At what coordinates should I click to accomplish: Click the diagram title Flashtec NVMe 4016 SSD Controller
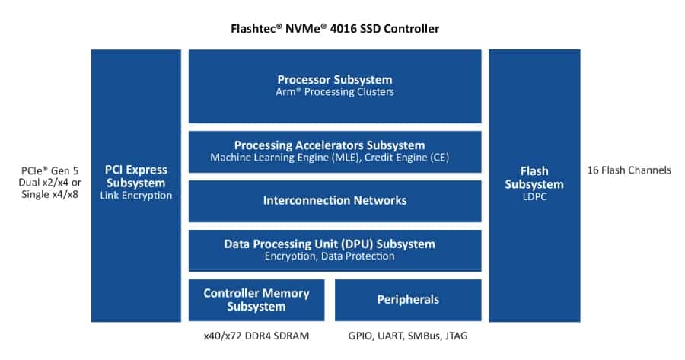(x=335, y=29)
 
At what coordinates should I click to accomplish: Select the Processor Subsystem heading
(x=335, y=79)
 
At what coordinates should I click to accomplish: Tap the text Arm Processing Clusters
(x=335, y=92)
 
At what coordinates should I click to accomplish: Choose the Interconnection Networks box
(x=335, y=201)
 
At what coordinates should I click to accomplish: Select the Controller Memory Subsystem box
(x=256, y=300)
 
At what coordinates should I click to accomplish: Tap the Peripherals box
(x=408, y=300)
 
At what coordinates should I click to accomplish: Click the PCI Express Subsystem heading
(x=136, y=176)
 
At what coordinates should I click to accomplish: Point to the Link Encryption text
(x=136, y=196)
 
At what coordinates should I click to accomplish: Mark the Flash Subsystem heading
(x=534, y=177)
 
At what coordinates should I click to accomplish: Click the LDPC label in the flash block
(x=534, y=197)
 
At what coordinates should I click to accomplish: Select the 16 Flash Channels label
(x=629, y=170)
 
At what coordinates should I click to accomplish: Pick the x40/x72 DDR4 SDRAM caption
(x=256, y=336)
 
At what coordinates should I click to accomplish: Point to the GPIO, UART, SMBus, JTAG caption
(x=408, y=336)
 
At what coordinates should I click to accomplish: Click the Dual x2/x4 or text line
(x=47, y=183)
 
